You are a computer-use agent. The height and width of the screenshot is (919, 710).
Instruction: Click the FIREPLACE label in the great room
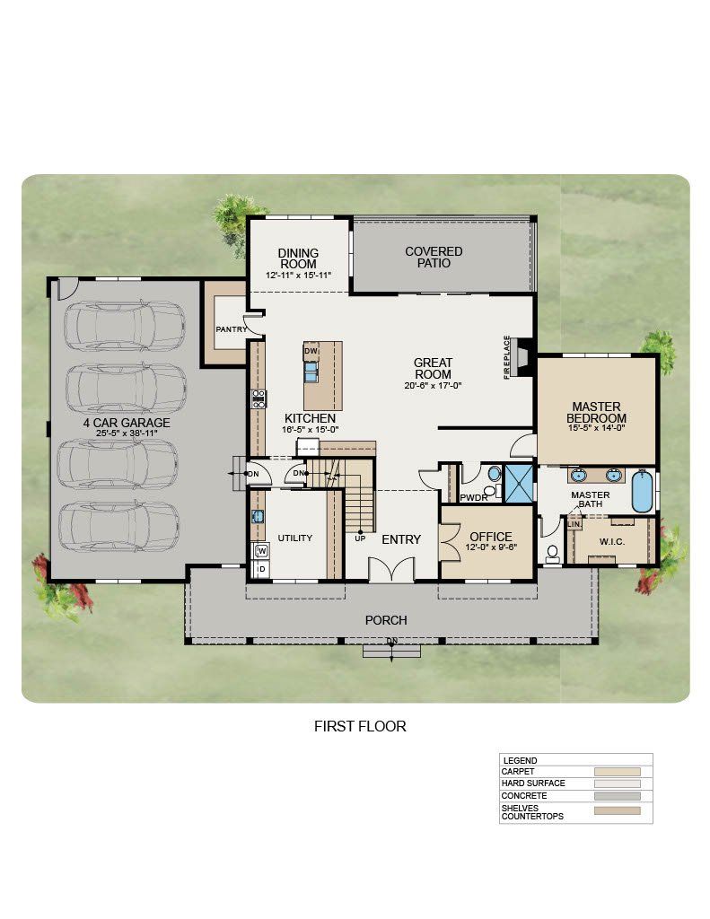[507, 357]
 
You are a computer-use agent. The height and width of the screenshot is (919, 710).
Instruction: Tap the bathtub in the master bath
[642, 491]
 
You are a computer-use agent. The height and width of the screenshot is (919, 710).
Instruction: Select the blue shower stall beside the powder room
[520, 484]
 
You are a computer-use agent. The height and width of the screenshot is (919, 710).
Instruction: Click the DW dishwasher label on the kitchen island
[311, 351]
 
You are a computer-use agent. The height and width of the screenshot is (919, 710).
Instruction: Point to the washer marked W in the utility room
[261, 551]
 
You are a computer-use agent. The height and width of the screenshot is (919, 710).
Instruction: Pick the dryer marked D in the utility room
[261, 568]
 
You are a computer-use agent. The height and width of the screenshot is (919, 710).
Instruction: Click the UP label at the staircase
[360, 538]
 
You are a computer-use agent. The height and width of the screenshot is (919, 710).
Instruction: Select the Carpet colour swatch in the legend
[617, 772]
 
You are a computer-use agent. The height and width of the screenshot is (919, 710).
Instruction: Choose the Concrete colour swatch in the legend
[617, 796]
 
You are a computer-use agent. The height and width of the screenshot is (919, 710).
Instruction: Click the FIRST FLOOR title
[360, 726]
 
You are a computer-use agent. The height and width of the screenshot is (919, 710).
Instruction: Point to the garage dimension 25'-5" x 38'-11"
[127, 433]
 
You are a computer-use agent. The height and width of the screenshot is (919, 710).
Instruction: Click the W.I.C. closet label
[611, 541]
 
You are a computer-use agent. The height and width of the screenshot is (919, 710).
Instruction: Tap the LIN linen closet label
[574, 524]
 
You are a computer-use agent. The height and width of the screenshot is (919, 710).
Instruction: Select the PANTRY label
[231, 329]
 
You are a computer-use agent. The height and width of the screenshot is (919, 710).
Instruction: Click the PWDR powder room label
[474, 497]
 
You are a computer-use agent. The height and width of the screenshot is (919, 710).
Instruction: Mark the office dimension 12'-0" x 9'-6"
[491, 547]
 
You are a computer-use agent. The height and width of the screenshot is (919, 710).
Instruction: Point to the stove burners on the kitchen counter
[259, 398]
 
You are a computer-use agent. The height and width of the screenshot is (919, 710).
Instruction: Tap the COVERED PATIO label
[434, 258]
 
